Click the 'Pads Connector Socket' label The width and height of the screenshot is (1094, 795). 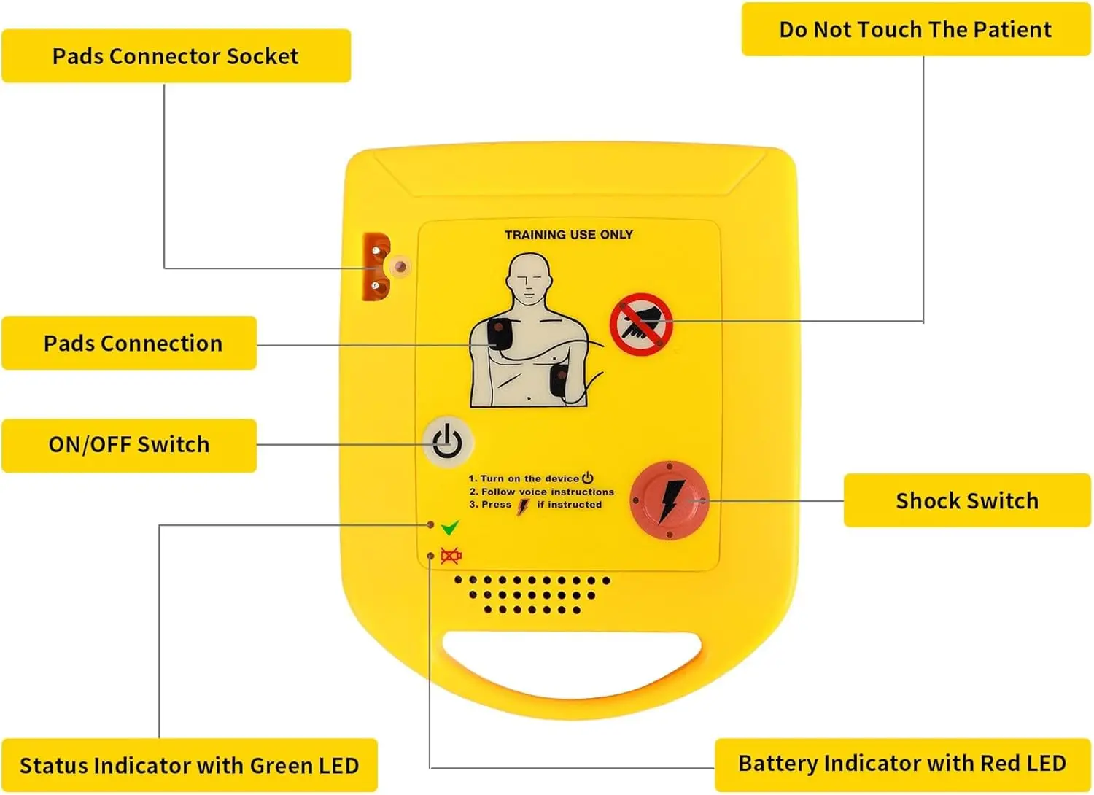pyautogui.click(x=176, y=56)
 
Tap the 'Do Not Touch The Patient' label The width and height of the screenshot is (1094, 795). pyautogui.click(x=915, y=30)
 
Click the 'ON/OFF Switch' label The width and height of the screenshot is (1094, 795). pyautogui.click(x=129, y=445)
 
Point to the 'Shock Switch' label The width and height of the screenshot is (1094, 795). pyautogui.click(x=966, y=501)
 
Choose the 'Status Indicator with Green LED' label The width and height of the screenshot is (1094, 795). pyautogui.click(x=189, y=765)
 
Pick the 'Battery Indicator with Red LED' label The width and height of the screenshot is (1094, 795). pyautogui.click(x=902, y=764)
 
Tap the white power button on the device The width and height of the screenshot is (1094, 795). pyautogui.click(x=448, y=442)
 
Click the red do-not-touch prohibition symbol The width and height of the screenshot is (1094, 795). pyautogui.click(x=641, y=325)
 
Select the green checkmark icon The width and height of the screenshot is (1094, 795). pyautogui.click(x=450, y=527)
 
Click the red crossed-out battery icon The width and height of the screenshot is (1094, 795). pyautogui.click(x=451, y=556)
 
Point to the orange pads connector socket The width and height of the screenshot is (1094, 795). pyautogui.click(x=377, y=268)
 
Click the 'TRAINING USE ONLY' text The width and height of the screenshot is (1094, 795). pyautogui.click(x=568, y=235)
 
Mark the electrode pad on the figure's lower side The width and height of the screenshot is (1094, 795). pyautogui.click(x=559, y=381)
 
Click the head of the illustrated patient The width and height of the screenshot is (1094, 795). pyautogui.click(x=528, y=279)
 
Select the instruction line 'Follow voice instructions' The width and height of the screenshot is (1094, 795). pyautogui.click(x=547, y=492)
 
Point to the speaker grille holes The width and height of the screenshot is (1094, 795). pyautogui.click(x=532, y=594)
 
